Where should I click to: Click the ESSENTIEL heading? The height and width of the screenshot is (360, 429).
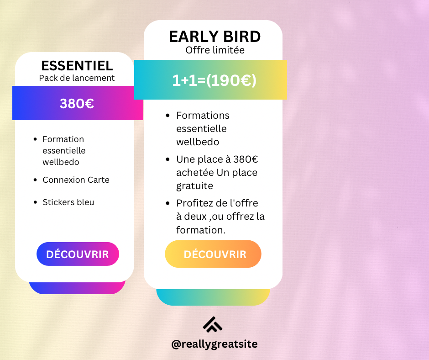tap(77, 66)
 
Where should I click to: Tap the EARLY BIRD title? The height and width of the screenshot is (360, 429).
tap(215, 37)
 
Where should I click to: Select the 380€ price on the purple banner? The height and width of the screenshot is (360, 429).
tap(77, 104)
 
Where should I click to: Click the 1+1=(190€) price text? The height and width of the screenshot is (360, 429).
tap(214, 80)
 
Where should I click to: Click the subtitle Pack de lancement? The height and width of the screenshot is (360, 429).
tap(77, 78)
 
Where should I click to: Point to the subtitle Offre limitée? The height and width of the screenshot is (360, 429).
tap(215, 50)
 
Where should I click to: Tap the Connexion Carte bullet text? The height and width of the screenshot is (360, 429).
tap(76, 180)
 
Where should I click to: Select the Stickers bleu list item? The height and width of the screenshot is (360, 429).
tap(68, 202)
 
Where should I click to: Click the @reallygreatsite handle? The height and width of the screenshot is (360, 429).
tap(214, 344)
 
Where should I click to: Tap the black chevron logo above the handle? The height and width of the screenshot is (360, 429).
tap(213, 325)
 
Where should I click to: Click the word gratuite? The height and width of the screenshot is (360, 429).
tap(194, 186)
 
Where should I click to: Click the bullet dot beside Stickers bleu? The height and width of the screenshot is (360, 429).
tap(35, 202)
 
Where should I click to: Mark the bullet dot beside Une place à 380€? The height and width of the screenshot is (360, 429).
tap(167, 159)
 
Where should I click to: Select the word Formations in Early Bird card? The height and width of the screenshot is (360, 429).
tap(203, 116)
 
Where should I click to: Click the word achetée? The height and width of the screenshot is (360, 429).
tap(195, 173)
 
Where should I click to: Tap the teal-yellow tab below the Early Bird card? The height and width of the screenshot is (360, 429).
tap(213, 297)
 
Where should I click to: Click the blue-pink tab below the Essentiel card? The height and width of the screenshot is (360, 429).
tap(77, 288)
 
